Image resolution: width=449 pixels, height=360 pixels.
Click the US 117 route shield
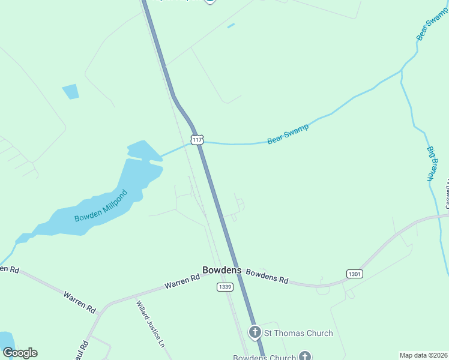tap(197, 139)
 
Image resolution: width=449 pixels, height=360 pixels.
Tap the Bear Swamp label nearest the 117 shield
tap(288, 133)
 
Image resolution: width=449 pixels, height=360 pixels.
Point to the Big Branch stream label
tap(430, 163)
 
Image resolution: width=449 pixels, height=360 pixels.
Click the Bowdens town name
tap(222, 270)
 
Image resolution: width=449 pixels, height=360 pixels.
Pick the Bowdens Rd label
tap(267, 276)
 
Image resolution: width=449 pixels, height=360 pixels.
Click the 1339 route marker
tap(224, 287)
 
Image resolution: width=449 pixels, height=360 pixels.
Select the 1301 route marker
tap(355, 274)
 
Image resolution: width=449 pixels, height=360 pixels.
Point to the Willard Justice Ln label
tap(150, 324)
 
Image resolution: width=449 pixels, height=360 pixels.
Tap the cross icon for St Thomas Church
tap(255, 332)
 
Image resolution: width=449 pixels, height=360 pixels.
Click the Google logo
tap(20, 353)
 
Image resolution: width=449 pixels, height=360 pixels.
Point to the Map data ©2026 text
tap(423, 355)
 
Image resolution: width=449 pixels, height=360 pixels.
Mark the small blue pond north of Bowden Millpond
tap(70, 91)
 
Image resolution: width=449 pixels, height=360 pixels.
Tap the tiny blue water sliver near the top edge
tap(231, 25)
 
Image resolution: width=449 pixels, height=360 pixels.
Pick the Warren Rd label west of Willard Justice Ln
tap(80, 301)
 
